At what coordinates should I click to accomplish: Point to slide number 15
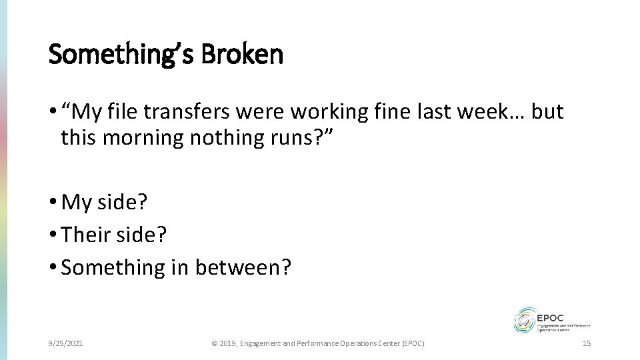coord(587,343)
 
